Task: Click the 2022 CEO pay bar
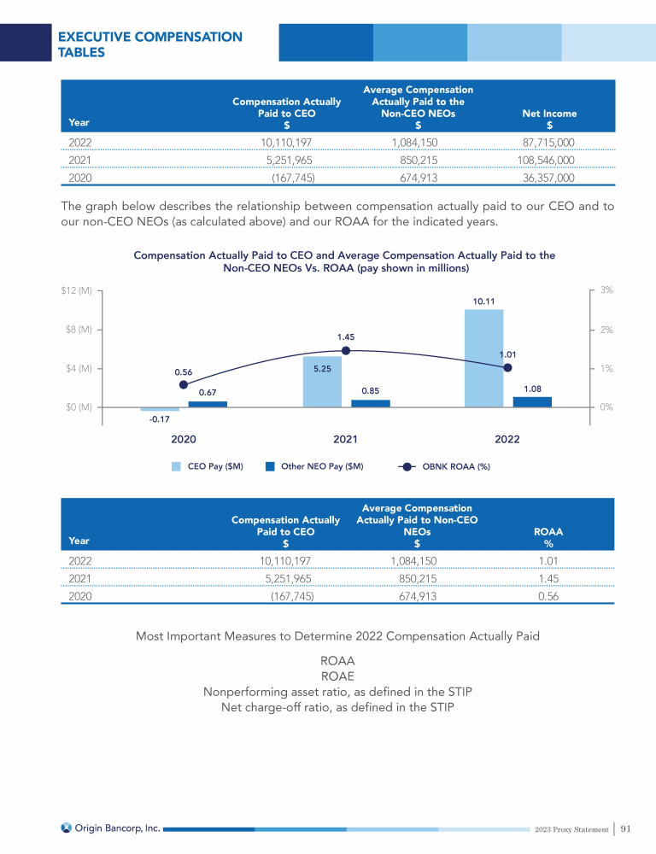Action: [x=483, y=358]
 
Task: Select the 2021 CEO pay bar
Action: [x=322, y=382]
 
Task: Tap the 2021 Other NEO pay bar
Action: [x=370, y=403]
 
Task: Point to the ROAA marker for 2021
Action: [x=346, y=350]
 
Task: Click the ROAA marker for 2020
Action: [x=184, y=384]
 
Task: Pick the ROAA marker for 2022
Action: [x=507, y=367]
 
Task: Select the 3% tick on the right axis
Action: [x=606, y=290]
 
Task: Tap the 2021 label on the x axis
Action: [x=345, y=439]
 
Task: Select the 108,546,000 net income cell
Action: [x=546, y=160]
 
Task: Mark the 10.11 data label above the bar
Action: [x=483, y=301]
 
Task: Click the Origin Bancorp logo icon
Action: [x=67, y=828]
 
